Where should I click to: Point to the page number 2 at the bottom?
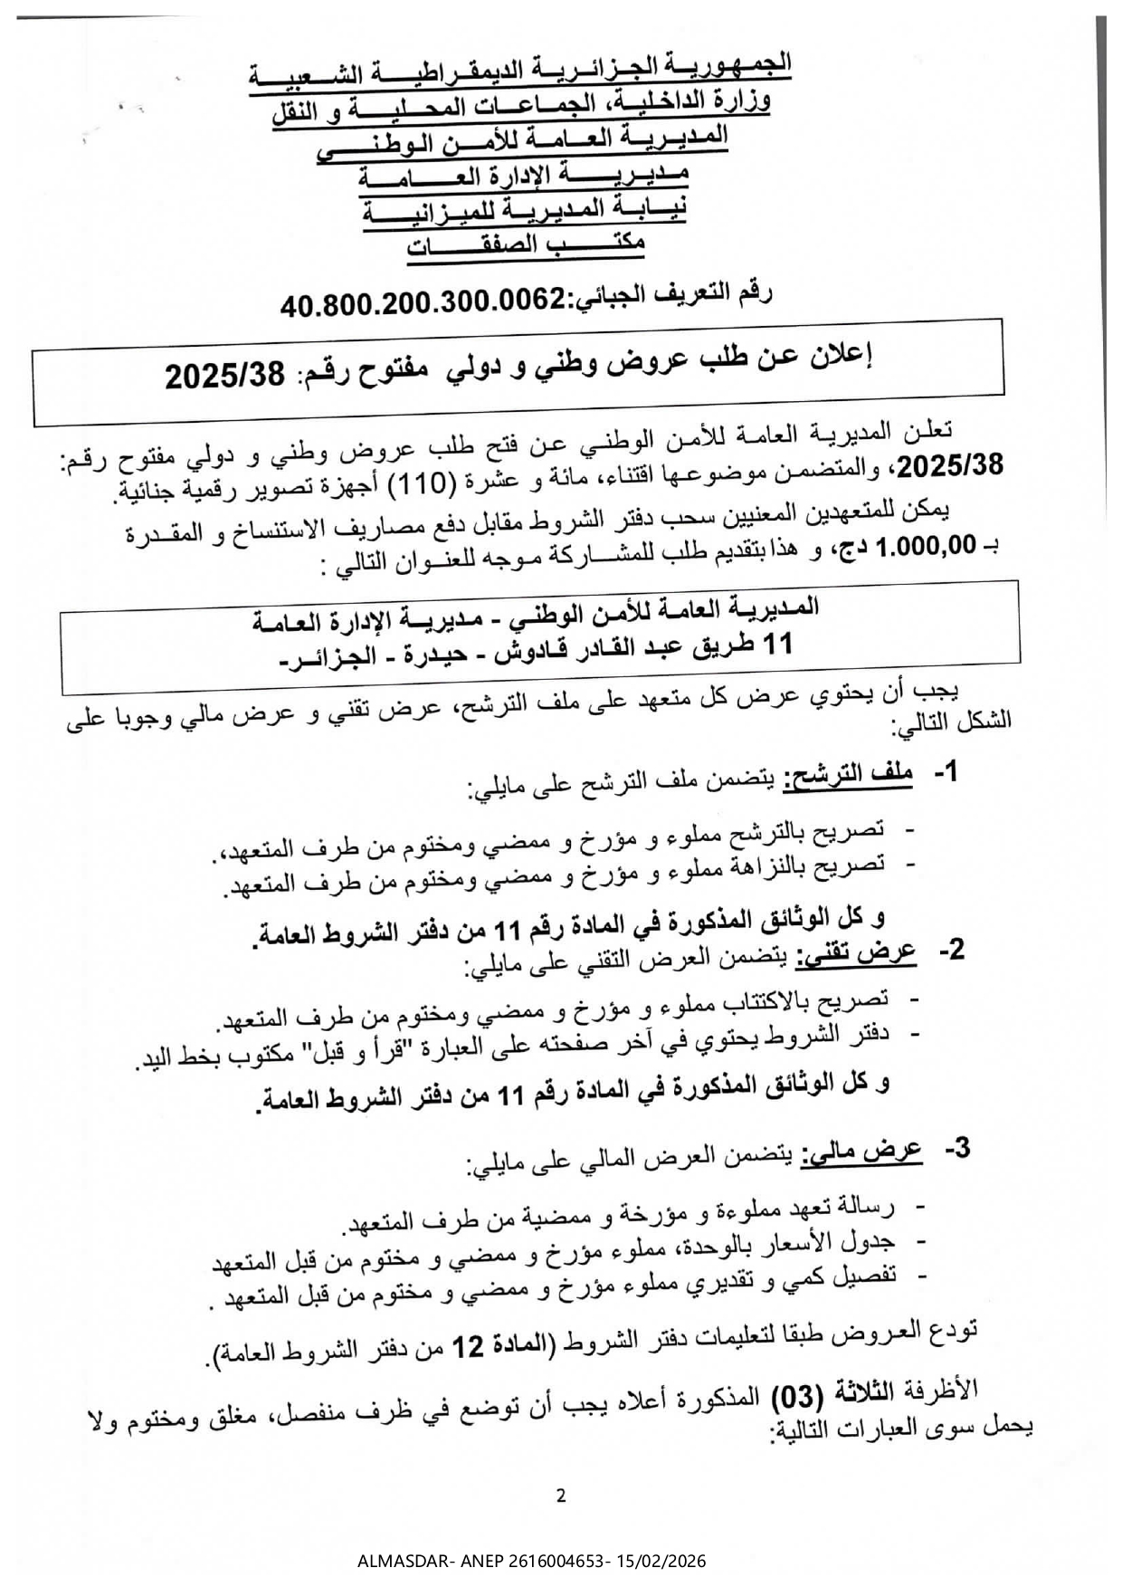click(561, 1496)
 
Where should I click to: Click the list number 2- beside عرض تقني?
click(953, 950)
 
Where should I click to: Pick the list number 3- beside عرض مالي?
click(957, 1148)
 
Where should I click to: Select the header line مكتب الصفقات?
click(527, 245)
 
